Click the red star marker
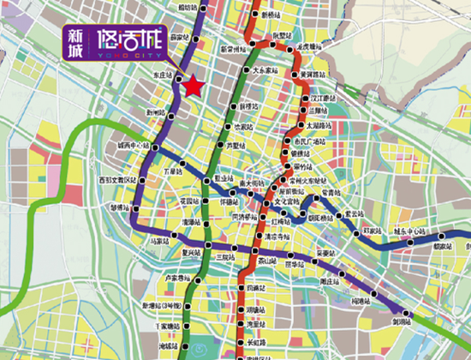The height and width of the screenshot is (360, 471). coord(193,87)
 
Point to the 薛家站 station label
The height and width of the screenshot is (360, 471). coord(179,37)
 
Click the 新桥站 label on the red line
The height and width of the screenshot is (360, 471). coord(270,15)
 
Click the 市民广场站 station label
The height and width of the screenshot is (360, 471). coord(311,140)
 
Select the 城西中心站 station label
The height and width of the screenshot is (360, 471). coord(133,146)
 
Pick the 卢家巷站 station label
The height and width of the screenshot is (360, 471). coord(177,278)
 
